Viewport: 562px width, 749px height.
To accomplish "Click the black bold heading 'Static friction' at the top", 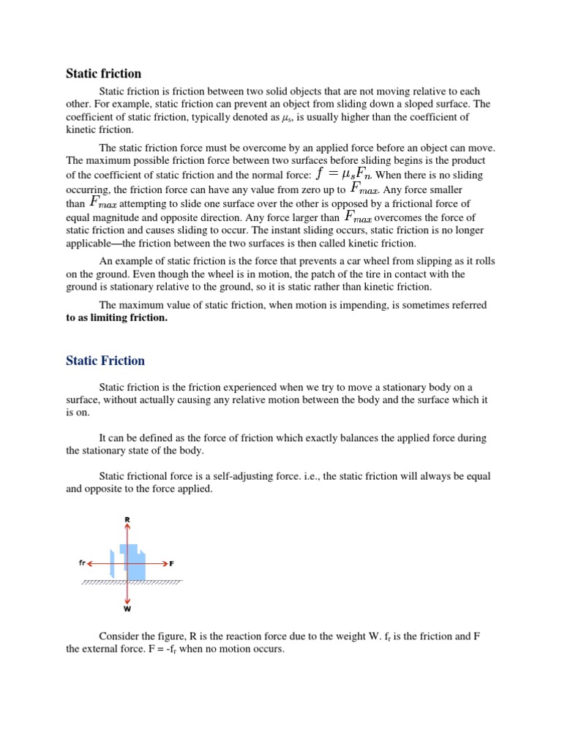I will tap(103, 73).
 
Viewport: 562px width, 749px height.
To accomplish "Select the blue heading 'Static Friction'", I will tap(105, 361).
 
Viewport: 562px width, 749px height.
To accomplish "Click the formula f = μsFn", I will tap(343, 174).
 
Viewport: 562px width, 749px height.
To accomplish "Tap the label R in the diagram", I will tap(127, 520).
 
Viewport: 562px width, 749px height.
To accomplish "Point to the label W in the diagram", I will tap(127, 608).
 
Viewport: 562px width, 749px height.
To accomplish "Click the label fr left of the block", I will tap(82, 563).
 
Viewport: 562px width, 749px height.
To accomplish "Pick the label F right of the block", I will tap(172, 563).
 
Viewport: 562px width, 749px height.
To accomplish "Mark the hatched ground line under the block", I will tap(132, 583).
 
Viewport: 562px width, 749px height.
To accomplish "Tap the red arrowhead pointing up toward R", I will tap(127, 527).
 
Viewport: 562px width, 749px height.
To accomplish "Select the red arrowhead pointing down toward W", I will tap(127, 599).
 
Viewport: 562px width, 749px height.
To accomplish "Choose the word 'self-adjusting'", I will tap(238, 476).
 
